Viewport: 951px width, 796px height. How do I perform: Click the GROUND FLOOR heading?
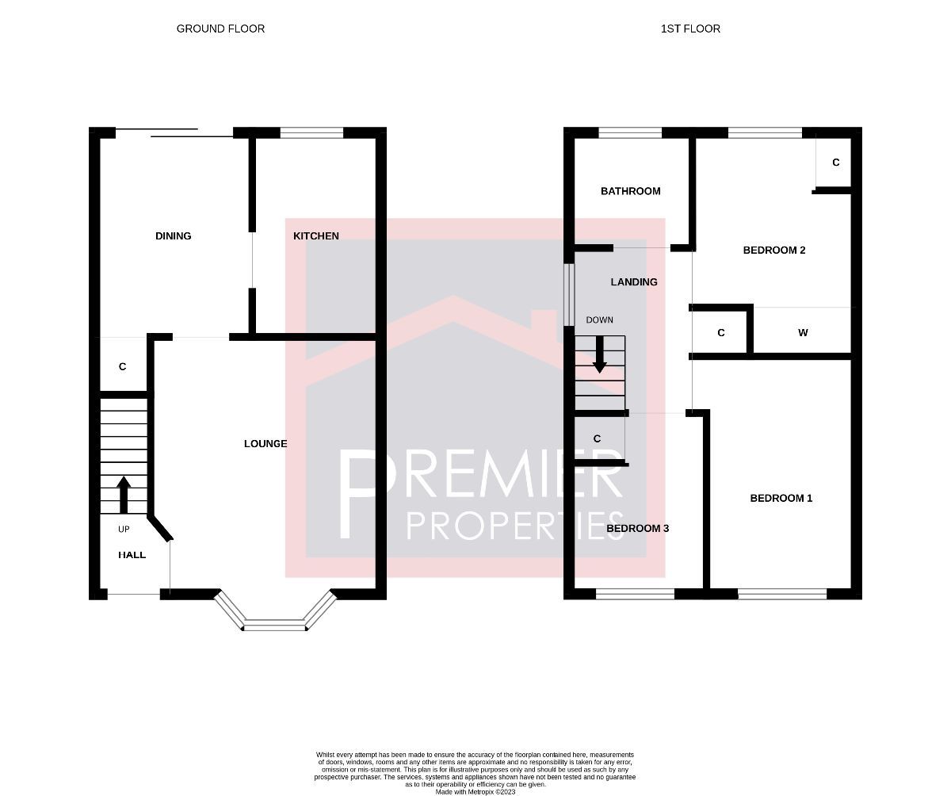point(220,29)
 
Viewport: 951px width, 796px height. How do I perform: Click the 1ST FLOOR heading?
point(690,29)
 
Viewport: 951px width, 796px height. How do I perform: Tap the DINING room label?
point(173,236)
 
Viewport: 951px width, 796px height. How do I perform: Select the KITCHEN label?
point(315,236)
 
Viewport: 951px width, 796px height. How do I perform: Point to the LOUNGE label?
point(265,444)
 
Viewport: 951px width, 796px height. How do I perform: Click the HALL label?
point(132,555)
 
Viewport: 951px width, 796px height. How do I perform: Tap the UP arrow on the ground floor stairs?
point(124,494)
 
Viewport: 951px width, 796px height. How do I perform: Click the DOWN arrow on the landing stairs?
point(600,354)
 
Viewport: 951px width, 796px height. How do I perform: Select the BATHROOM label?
point(630,191)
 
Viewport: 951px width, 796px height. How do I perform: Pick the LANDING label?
point(634,282)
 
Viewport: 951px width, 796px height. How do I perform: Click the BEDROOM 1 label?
point(781,499)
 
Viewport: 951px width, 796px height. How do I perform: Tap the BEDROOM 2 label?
point(773,251)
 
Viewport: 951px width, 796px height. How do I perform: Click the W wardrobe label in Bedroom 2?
point(803,333)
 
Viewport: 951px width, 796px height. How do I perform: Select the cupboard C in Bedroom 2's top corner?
point(835,163)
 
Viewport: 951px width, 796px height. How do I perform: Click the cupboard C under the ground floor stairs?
point(122,367)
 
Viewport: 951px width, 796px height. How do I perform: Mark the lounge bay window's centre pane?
point(274,626)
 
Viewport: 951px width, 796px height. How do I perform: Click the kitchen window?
point(311,133)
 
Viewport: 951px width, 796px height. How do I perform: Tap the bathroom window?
point(630,133)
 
